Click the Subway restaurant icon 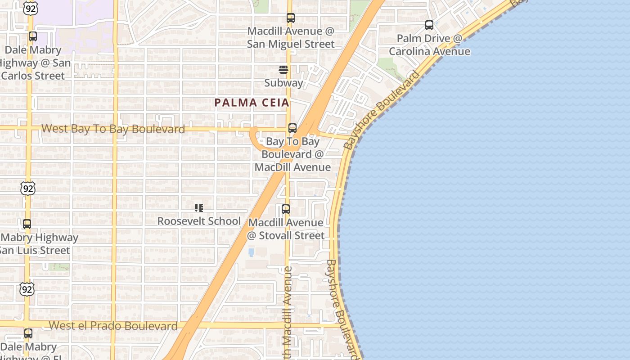point(283,70)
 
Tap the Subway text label point(283,83)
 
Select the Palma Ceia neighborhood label point(252,103)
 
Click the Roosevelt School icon point(198,208)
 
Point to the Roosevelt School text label point(199,221)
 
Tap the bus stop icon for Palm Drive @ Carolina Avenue point(429,25)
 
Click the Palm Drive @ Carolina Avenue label point(429,45)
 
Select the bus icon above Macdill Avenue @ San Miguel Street point(291,18)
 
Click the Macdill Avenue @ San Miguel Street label point(291,37)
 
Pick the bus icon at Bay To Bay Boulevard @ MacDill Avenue point(292,128)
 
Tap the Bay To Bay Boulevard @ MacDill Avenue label point(292,154)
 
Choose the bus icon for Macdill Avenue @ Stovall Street point(286,209)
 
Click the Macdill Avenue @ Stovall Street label point(286,229)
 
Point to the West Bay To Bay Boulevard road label point(113,129)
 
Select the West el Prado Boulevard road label point(113,326)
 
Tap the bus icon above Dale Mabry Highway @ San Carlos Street point(33,36)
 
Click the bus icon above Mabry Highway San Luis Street point(27,224)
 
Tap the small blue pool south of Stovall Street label point(251,252)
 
